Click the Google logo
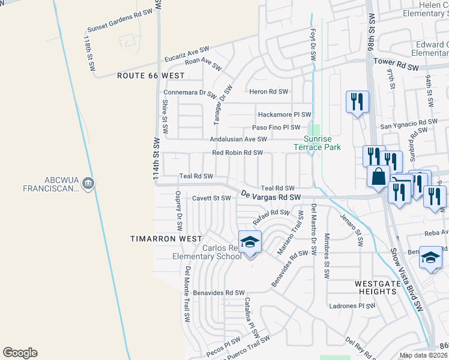tap(20, 353)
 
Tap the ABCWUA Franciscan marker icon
tap(88, 182)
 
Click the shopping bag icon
tap(379, 176)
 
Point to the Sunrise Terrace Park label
tap(317, 143)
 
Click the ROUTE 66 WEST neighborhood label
tap(151, 76)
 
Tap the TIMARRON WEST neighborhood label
tap(166, 239)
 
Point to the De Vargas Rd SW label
tap(271, 196)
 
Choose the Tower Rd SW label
tap(396, 61)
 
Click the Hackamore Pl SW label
tap(284, 114)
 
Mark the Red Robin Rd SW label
tap(238, 152)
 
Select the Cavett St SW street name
tap(211, 197)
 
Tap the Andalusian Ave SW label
tap(238, 139)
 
